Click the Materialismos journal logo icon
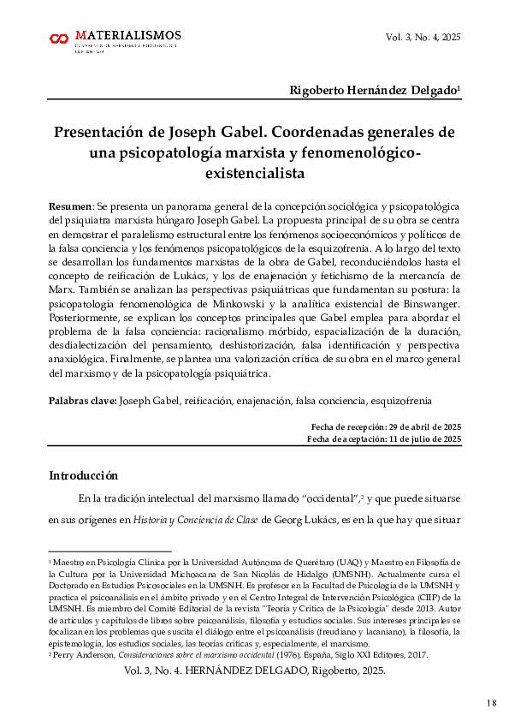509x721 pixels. [x=59, y=39]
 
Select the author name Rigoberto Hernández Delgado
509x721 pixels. [x=374, y=90]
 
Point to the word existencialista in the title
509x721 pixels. [x=255, y=173]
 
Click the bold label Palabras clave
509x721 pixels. [x=82, y=401]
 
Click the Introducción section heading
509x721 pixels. [x=83, y=476]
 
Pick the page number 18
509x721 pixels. [x=491, y=704]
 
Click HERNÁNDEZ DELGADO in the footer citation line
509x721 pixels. [x=286, y=672]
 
